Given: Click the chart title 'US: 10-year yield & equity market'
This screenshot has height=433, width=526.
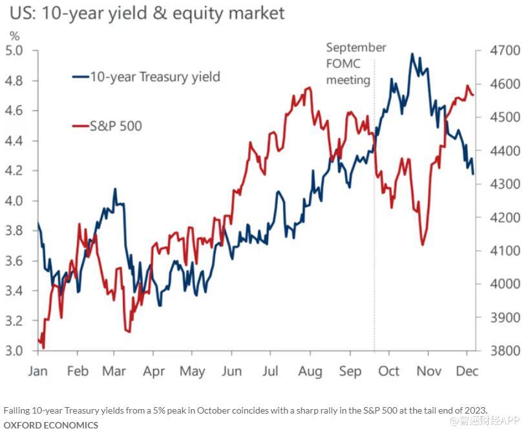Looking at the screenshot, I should (x=145, y=14).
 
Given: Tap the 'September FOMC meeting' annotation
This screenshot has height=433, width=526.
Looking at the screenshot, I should (x=355, y=64).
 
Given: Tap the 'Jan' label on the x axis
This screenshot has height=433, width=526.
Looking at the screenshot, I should (x=38, y=372).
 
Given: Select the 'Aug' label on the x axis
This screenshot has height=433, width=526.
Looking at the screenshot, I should (x=310, y=372).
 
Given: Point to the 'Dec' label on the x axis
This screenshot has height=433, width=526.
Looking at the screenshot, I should (x=467, y=372).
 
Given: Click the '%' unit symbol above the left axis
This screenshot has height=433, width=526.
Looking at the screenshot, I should (x=14, y=36).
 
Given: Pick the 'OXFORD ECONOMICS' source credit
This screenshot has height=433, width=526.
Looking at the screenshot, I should (x=51, y=425).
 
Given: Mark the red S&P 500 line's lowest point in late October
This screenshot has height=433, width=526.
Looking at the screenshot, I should (x=423, y=245).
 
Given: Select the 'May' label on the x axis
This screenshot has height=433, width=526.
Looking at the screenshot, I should (x=193, y=372).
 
